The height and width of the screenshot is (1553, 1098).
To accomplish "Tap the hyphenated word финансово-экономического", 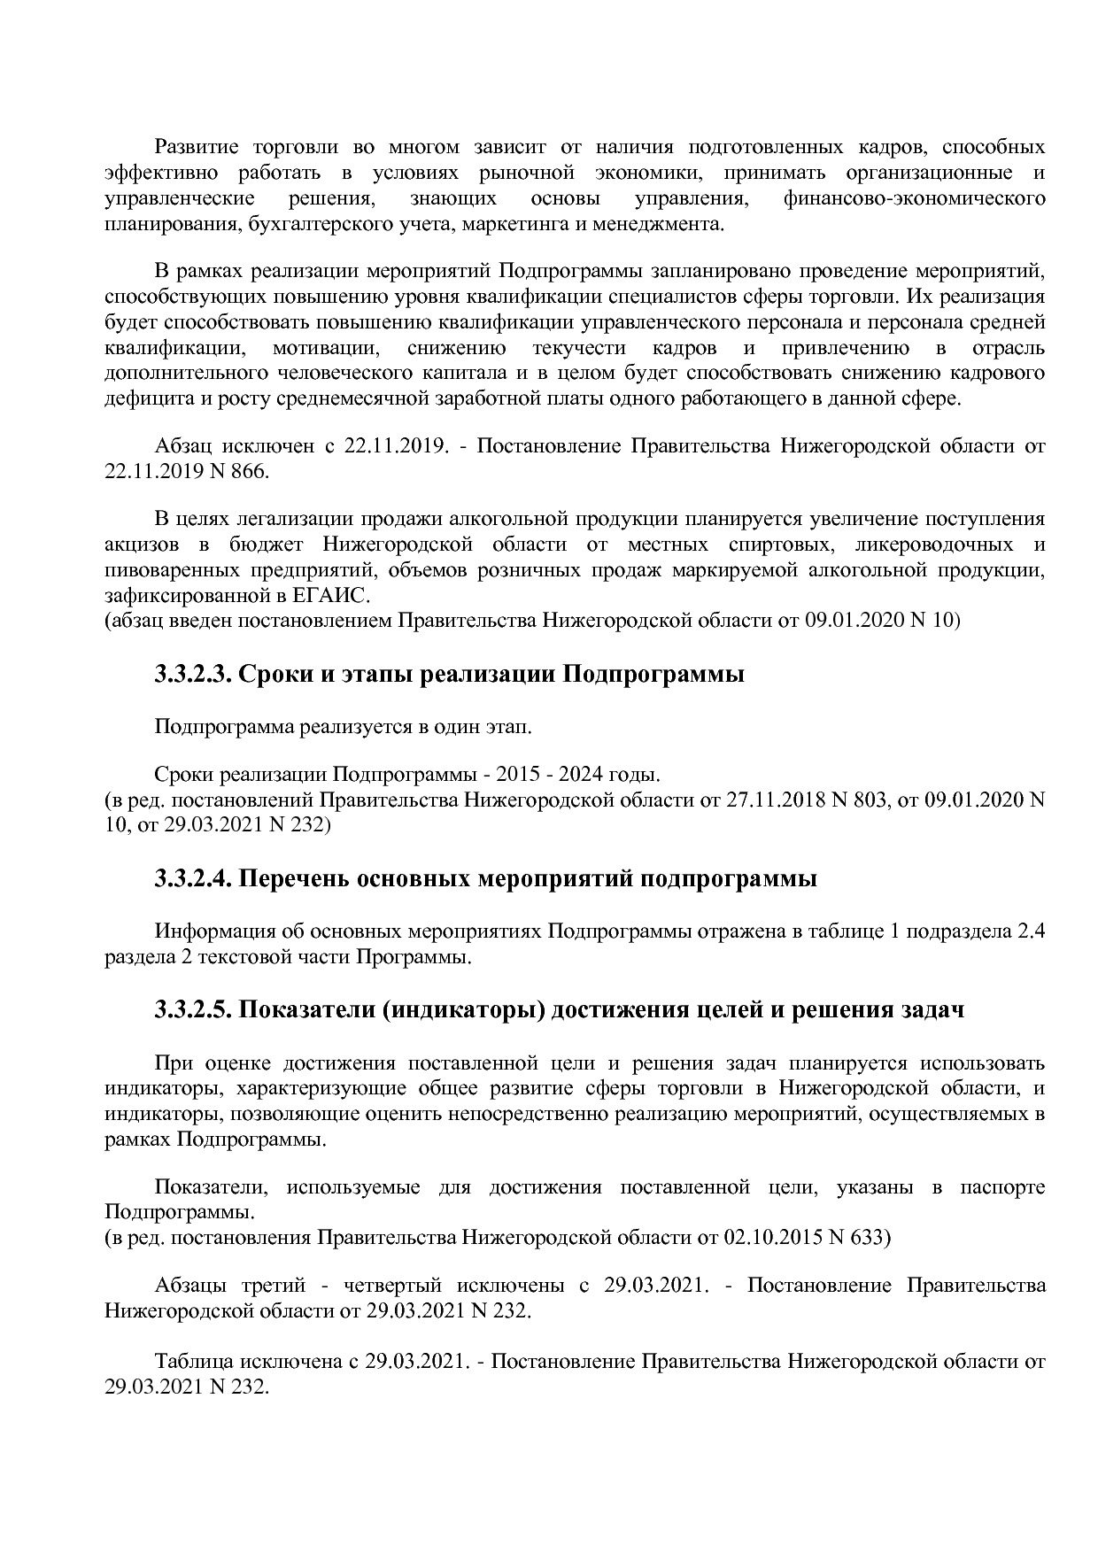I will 914,198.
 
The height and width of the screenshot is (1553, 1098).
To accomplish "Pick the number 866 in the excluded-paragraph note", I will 248,471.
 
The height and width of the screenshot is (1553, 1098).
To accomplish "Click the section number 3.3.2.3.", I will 193,675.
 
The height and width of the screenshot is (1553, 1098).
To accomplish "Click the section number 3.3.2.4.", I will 193,879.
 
